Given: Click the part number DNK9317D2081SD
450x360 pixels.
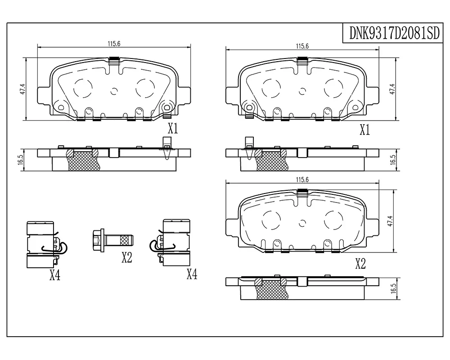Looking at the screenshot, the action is click(x=394, y=33).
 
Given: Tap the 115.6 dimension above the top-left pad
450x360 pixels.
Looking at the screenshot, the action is click(x=114, y=44).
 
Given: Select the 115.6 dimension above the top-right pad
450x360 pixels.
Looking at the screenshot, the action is click(x=302, y=46).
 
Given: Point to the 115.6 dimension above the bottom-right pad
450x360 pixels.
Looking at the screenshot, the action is click(x=302, y=180).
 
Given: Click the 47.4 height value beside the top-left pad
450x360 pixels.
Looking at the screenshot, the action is click(x=23, y=89).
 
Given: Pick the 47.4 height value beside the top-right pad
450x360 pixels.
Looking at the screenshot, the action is click(x=392, y=89).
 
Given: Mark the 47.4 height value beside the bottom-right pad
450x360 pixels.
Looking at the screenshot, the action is click(x=390, y=221).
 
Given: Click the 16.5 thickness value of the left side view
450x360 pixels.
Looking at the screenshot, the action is click(x=20, y=160).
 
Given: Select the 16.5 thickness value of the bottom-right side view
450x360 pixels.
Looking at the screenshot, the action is click(x=393, y=288).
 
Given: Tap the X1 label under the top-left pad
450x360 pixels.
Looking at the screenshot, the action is click(x=173, y=128).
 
